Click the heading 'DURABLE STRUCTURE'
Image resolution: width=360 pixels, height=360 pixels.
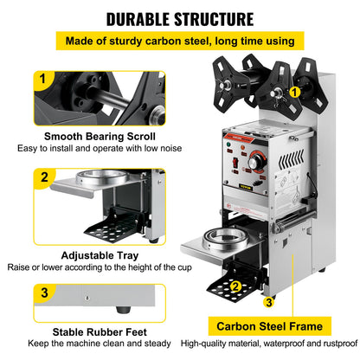[180, 18]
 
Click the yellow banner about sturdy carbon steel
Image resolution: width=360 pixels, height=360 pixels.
[179, 42]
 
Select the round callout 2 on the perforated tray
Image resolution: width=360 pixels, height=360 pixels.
[235, 286]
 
